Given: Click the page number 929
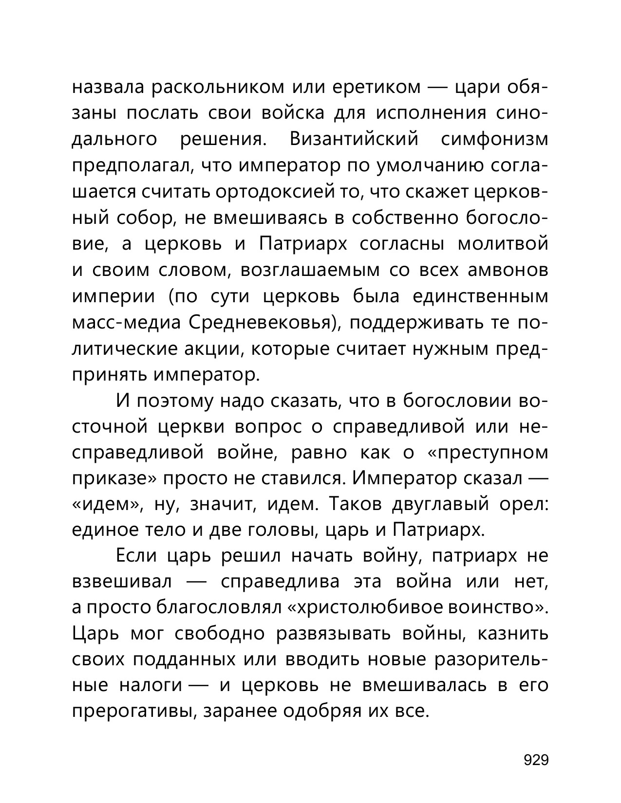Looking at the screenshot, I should coord(536,760).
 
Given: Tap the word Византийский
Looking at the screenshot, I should coord(354,140).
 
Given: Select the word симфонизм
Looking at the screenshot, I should coord(494,140).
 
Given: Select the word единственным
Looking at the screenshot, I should coord(480,296).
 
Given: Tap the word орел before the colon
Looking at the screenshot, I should coord(524,505).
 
